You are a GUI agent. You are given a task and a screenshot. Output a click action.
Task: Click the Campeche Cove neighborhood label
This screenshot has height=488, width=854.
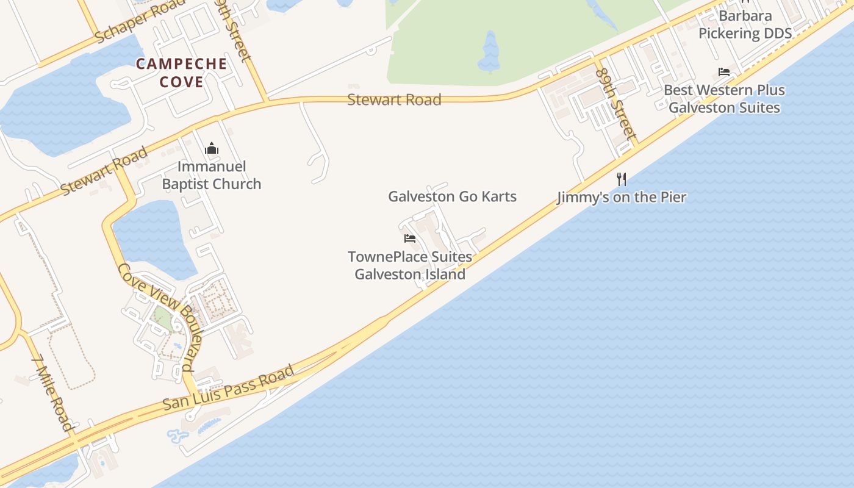182,73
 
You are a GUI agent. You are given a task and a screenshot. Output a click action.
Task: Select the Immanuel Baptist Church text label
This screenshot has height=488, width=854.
212,175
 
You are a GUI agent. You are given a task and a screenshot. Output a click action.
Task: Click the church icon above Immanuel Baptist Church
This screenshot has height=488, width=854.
212,148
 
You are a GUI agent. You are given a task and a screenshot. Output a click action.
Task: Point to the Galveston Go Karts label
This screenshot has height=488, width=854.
452,196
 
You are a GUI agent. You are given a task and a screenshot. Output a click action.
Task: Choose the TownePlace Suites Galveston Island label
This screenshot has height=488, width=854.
410,265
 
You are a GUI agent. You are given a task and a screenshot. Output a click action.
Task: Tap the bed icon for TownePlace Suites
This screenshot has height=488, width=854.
410,238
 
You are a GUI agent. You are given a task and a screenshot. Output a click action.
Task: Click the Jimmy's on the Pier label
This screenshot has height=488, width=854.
622,197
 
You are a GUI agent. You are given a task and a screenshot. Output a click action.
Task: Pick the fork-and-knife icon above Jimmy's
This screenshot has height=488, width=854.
622,179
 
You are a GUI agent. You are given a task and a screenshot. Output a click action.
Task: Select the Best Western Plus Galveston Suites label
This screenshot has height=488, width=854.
724,99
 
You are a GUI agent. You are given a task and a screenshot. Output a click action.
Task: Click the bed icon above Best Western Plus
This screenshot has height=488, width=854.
724,72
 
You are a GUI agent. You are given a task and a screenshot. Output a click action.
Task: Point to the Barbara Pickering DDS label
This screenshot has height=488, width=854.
745,24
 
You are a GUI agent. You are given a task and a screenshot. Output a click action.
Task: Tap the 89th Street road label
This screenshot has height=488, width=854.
615,103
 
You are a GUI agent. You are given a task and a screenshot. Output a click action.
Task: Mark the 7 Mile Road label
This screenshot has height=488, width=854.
55,393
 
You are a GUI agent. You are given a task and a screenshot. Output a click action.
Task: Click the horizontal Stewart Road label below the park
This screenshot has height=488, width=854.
394,99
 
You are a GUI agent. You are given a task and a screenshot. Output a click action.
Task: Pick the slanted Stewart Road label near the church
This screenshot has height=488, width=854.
104,170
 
